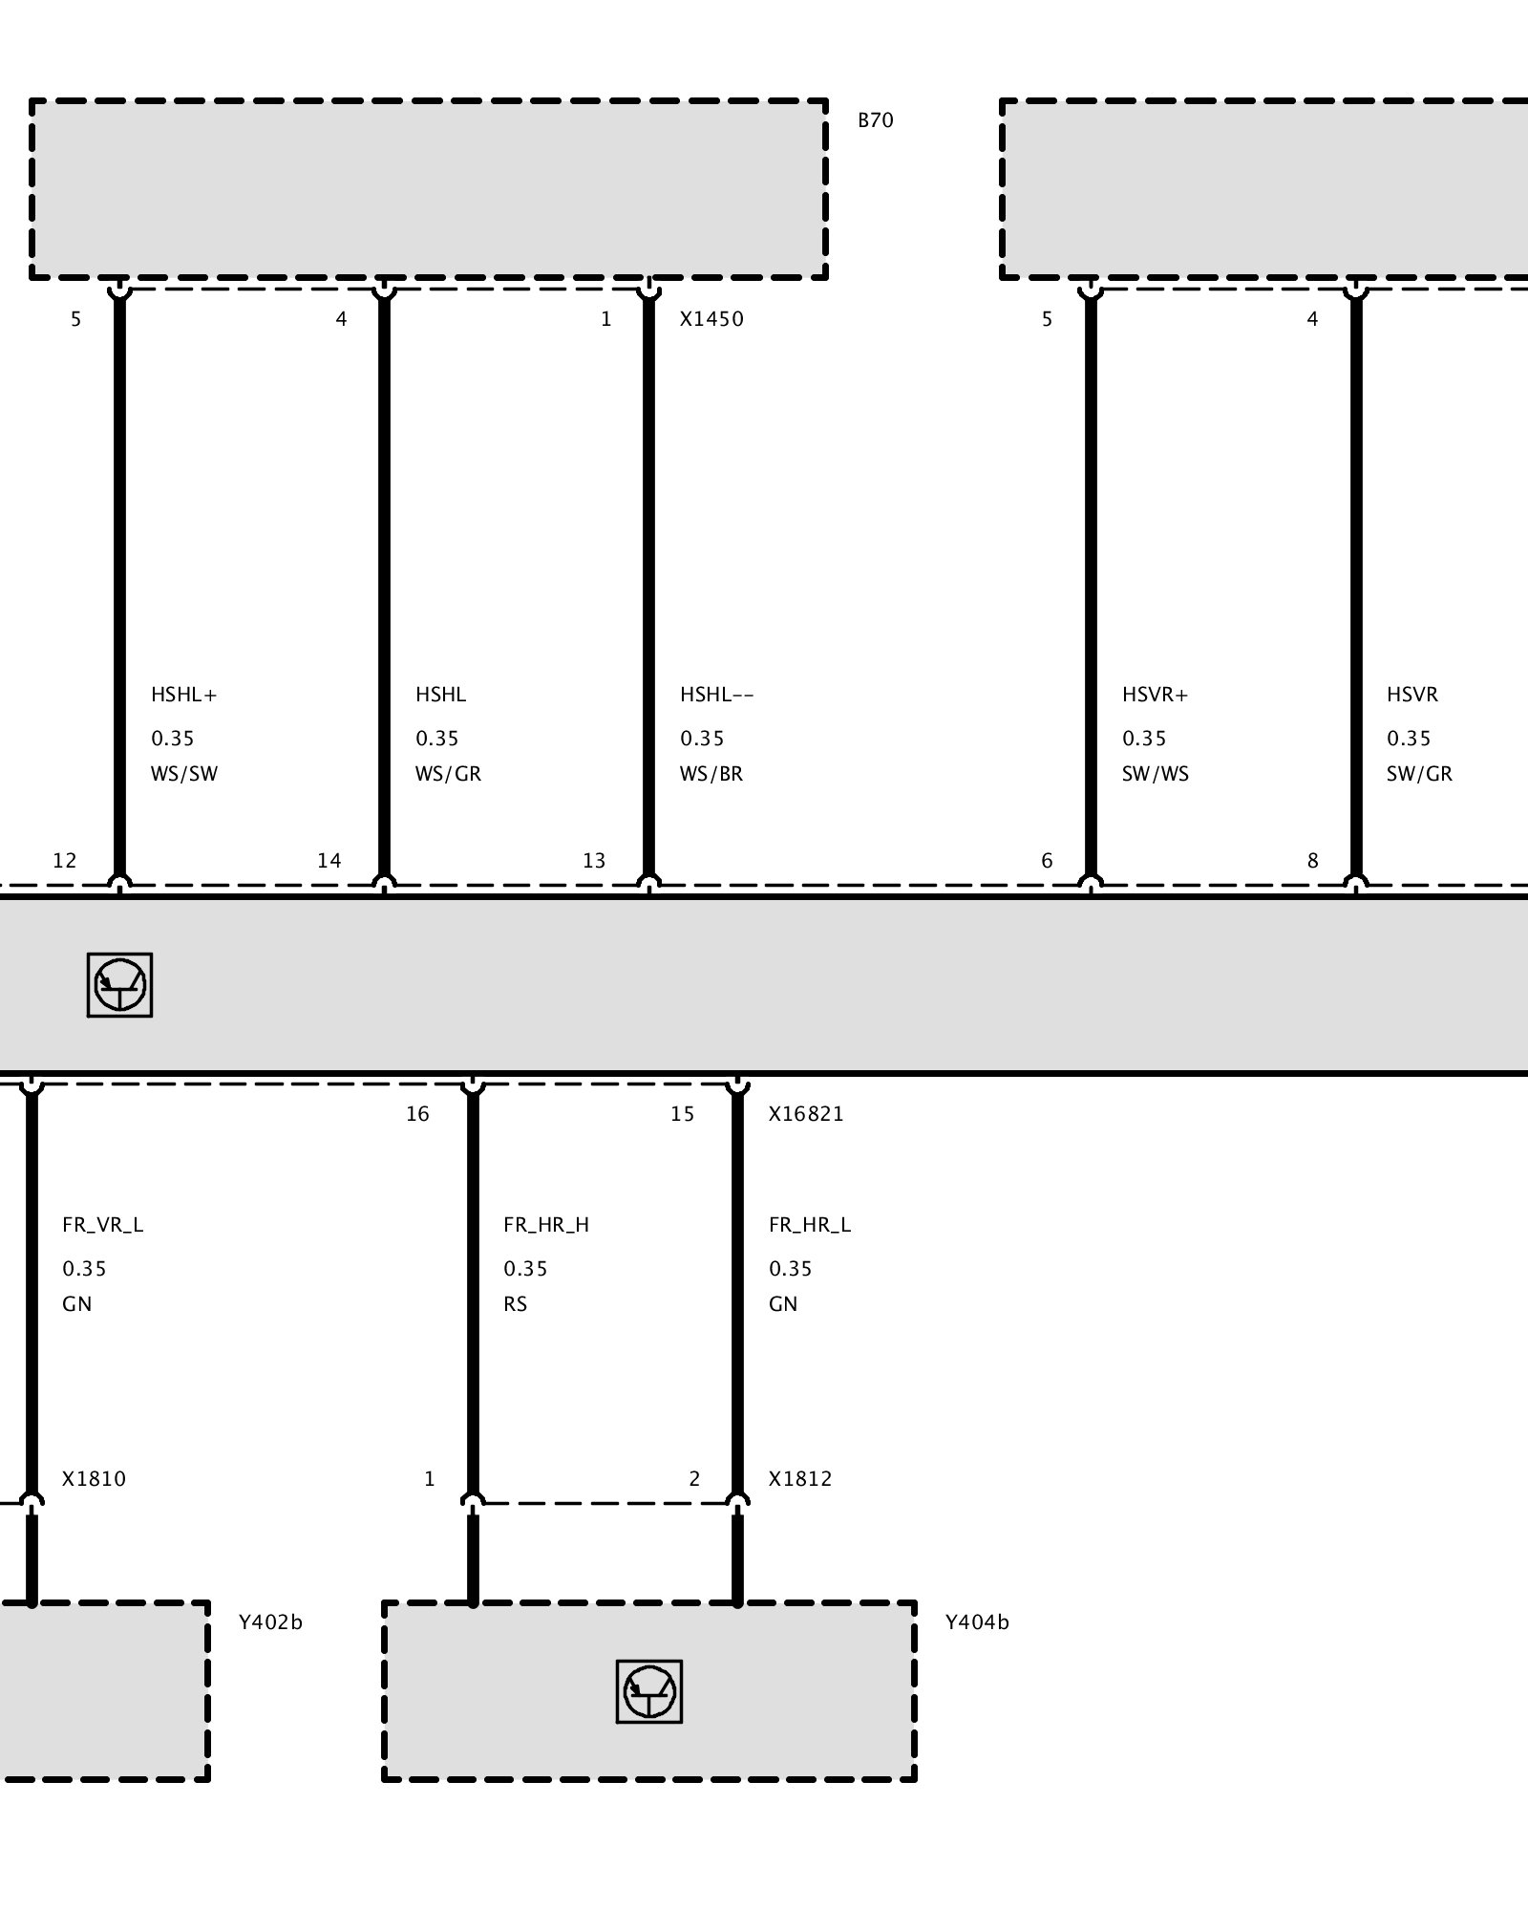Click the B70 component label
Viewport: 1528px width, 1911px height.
(875, 120)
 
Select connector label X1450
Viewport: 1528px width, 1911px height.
(711, 319)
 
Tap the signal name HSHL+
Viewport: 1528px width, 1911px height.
(184, 695)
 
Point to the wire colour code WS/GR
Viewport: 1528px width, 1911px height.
(448, 774)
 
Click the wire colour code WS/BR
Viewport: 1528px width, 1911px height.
(711, 774)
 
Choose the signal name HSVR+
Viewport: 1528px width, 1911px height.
(1156, 695)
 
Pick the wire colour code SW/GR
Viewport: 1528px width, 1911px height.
(1419, 774)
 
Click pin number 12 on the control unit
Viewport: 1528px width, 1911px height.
(64, 861)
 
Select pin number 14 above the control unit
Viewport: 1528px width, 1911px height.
(329, 861)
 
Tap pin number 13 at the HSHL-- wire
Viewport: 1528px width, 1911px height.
(594, 861)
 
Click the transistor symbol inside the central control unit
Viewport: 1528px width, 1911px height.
(119, 984)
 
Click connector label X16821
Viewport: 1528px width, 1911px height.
(806, 1114)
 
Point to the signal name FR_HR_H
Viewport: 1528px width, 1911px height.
(546, 1225)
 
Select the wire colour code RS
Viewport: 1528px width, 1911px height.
(515, 1304)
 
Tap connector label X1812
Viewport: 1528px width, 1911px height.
(800, 1479)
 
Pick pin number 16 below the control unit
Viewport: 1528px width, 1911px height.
(417, 1114)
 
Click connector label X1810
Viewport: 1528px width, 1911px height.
(94, 1479)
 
